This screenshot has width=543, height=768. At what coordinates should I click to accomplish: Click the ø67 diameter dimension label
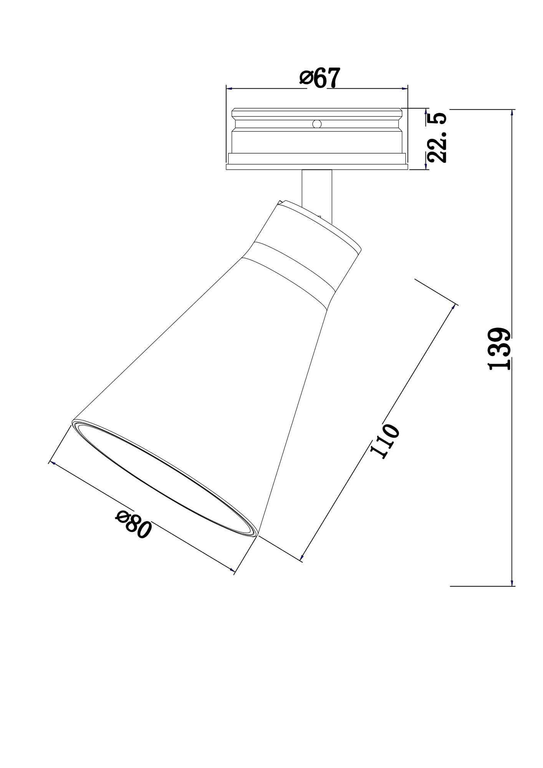click(320, 78)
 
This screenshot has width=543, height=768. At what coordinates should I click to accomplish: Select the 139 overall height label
click(500, 348)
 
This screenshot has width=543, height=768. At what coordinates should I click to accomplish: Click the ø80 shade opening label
click(133, 525)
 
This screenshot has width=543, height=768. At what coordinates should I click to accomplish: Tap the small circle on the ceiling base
click(317, 124)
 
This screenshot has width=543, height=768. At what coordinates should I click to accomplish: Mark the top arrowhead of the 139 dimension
click(512, 113)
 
